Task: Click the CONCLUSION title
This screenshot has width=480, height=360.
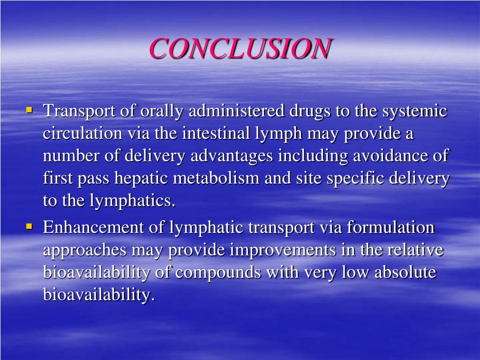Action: pos(240,49)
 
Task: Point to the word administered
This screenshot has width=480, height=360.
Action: pos(237,112)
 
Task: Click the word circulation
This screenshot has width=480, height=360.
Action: pos(82,134)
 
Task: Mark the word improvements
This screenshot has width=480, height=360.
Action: pos(283,250)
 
